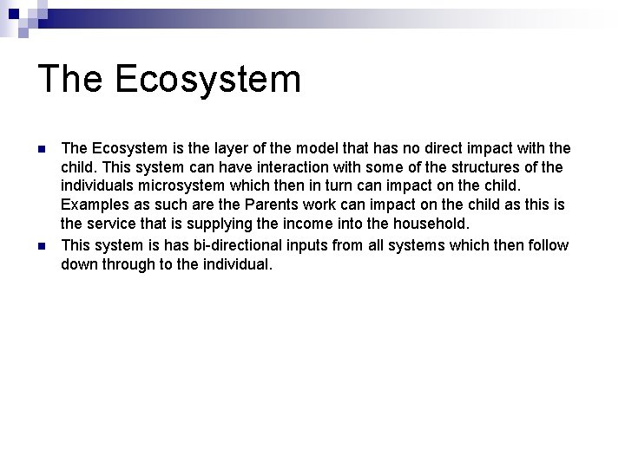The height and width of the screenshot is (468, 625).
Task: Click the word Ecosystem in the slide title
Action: (x=207, y=79)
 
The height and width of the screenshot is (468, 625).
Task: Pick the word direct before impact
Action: (x=448, y=149)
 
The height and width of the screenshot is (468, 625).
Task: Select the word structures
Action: (x=494, y=168)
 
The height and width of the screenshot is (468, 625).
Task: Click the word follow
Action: (x=546, y=245)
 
